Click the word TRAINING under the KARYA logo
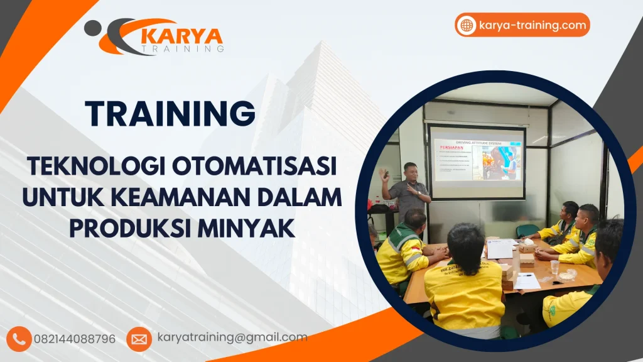point(183,48)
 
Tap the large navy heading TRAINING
point(171,114)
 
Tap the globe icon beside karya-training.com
point(467,25)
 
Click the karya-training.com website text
point(532,25)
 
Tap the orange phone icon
point(19,339)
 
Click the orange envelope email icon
point(139,339)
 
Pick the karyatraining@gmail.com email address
point(232,337)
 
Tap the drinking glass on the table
point(554,266)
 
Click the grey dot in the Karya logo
point(92,27)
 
